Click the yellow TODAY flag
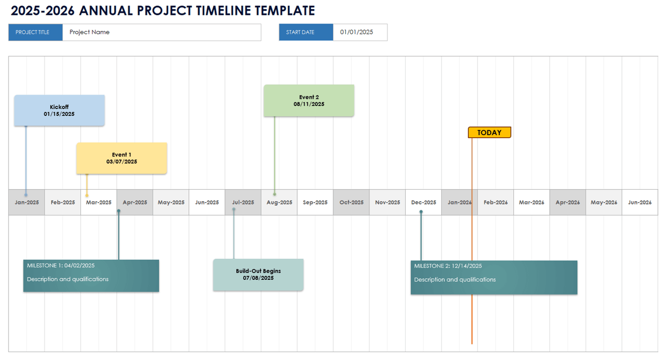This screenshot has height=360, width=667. click(x=489, y=132)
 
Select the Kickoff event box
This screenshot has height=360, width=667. click(x=59, y=111)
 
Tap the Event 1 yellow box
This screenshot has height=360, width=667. click(x=122, y=158)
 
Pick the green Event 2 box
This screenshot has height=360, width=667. click(x=309, y=101)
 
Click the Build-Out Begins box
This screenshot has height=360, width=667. click(x=258, y=275)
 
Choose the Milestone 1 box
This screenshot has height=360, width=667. click(x=91, y=275)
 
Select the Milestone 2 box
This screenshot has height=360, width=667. click(x=493, y=277)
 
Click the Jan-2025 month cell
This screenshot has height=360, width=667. click(x=27, y=202)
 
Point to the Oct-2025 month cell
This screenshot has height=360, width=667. click(x=351, y=202)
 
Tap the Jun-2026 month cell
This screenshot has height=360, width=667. click(x=640, y=202)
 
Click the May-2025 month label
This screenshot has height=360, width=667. click(x=171, y=202)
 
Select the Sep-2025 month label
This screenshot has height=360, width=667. click(x=315, y=202)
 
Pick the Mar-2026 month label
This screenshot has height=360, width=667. click(x=531, y=202)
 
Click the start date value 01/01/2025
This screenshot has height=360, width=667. click(x=357, y=32)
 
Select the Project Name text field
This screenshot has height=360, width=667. click(x=161, y=32)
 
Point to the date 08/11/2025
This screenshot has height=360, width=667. click(x=309, y=104)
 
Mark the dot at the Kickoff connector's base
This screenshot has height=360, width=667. click(x=26, y=195)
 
